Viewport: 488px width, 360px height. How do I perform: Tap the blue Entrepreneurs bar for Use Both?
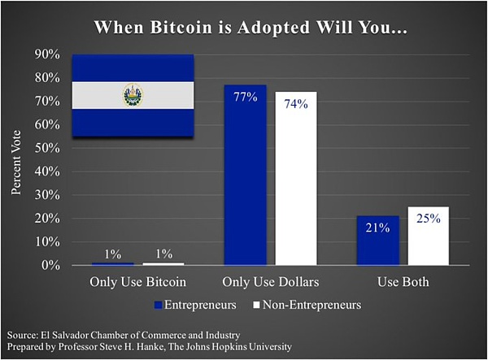377,241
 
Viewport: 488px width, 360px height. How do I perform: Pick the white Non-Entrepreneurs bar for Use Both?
428,236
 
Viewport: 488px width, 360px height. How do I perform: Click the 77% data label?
246,98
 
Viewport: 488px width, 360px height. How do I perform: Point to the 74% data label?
296,104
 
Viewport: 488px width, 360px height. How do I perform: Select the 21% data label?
377,228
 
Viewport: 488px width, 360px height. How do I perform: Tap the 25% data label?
428,219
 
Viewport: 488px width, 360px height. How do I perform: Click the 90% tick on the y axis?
47,54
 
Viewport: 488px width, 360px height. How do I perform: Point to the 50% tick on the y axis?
47,148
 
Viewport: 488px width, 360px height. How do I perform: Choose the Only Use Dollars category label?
271,283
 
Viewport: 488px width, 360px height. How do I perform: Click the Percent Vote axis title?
18,159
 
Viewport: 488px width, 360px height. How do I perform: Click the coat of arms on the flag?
132,96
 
